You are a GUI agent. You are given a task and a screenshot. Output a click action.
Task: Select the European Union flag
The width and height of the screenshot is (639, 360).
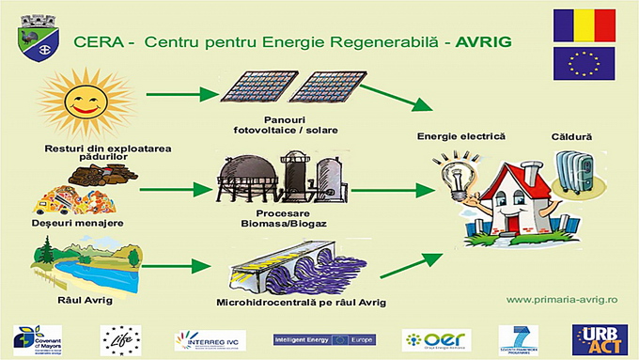coord(584,63)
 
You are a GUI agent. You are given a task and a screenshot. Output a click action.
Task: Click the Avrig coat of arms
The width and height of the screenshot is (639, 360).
coord(40,39)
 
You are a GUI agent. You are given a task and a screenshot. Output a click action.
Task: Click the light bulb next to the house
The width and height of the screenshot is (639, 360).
coord(454,172)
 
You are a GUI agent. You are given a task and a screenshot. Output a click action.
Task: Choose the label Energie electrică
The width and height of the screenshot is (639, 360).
coord(461,136)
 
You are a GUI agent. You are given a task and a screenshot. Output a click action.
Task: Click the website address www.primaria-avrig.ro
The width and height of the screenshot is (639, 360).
coord(561,299)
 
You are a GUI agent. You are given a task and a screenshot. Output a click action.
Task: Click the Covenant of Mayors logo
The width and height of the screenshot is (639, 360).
coord(37,338)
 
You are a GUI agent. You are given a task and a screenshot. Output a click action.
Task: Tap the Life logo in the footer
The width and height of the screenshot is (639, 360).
coord(121,338)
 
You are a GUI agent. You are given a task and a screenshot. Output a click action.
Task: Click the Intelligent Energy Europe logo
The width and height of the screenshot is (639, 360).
coord(322,338)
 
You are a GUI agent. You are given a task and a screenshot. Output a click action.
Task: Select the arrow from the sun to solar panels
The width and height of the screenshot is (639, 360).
coord(172,94)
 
